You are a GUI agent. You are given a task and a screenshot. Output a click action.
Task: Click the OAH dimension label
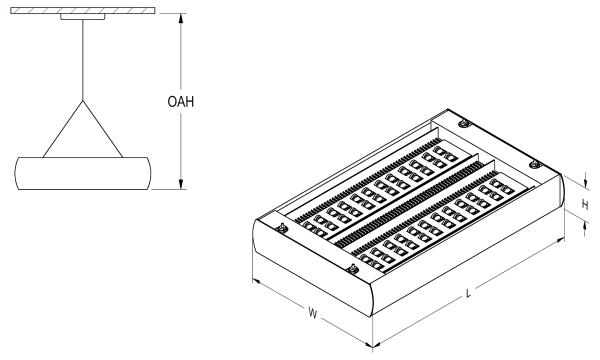181,101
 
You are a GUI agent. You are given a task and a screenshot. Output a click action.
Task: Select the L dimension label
468,293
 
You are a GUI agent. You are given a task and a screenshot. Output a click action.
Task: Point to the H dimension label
585,205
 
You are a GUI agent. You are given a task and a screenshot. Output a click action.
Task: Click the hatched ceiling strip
83,10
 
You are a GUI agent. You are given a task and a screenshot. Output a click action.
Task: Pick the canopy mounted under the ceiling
82,16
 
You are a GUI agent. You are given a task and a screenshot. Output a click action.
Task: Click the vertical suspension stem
82,60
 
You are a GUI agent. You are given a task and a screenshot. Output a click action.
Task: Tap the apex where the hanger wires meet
82,101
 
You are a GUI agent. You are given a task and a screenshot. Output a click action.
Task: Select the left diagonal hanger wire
63,129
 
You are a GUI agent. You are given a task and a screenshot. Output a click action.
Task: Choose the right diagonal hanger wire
102,129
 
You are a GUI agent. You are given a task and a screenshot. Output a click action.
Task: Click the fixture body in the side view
83,173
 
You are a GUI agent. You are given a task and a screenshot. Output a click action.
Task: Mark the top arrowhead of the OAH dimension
181,18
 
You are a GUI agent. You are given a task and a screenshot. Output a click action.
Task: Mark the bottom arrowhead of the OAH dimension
181,184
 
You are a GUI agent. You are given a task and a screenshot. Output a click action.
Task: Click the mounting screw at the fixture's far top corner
463,123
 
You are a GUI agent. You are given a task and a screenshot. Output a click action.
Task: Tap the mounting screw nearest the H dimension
535,165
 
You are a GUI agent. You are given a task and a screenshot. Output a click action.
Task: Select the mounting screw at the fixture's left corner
282,228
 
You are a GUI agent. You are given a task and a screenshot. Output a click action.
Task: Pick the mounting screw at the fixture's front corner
353,269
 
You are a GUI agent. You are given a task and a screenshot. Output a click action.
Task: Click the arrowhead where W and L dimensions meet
372,345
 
